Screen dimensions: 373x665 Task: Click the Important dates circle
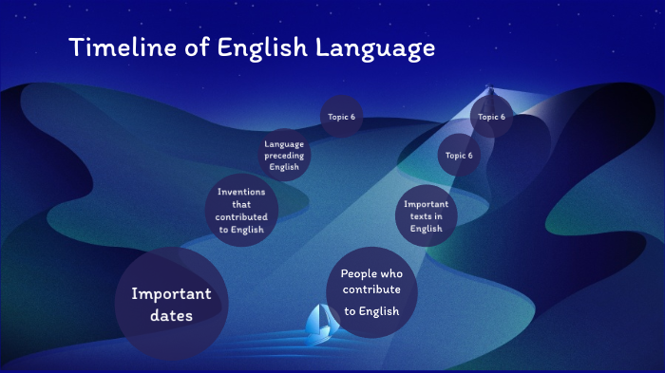coord(171,304)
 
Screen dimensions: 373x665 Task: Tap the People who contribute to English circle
coord(370,292)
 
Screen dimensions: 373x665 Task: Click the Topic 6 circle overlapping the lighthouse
coord(491,118)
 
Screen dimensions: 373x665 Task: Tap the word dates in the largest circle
coord(171,316)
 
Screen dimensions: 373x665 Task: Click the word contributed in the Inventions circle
coord(240,217)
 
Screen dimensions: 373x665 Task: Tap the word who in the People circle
coord(392,274)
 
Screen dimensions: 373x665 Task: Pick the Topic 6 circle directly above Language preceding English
coord(341,117)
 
